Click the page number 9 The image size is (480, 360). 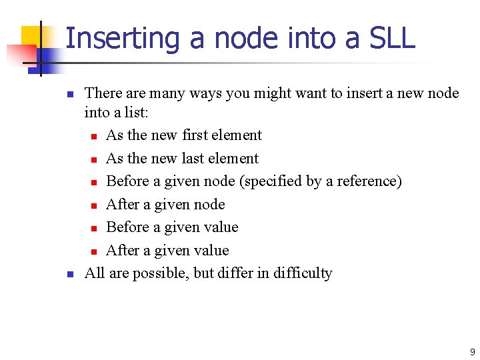(x=472, y=352)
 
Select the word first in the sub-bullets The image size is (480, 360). (x=195, y=135)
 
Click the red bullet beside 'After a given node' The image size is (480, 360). (x=95, y=205)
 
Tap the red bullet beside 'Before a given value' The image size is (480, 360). (x=95, y=228)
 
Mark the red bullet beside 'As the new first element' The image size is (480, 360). (x=95, y=137)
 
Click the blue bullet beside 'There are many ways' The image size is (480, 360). (x=70, y=94)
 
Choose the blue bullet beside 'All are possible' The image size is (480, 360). (x=70, y=274)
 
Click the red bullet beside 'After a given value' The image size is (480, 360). (x=95, y=251)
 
